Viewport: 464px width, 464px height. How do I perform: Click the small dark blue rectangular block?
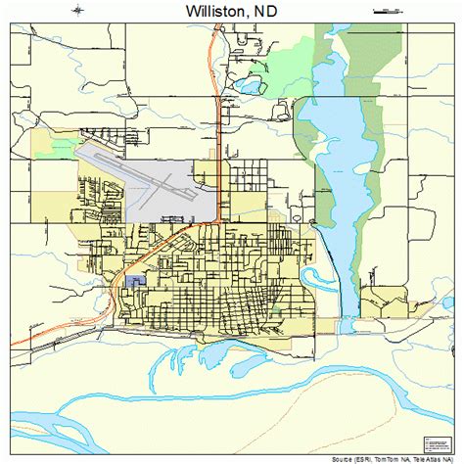click(134, 281)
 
